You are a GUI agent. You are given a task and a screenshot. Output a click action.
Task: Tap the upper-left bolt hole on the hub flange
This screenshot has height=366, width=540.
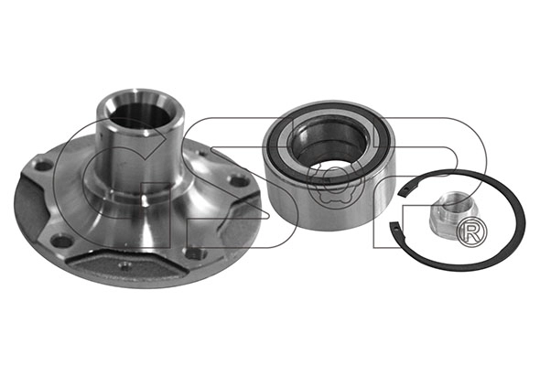point(44,166)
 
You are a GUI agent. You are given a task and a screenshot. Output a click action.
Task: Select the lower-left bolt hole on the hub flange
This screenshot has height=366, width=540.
point(61,241)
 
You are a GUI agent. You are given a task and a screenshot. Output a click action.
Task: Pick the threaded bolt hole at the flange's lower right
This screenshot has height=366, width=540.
point(197,253)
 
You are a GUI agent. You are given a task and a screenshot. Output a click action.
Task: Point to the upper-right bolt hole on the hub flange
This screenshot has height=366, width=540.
point(240,180)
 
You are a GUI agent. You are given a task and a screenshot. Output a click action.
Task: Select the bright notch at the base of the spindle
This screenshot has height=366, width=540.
point(145,199)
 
